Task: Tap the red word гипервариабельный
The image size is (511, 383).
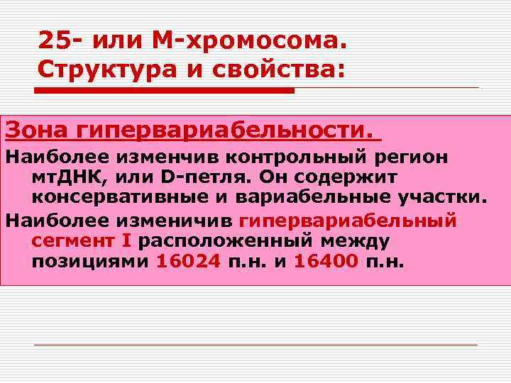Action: tap(348, 219)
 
